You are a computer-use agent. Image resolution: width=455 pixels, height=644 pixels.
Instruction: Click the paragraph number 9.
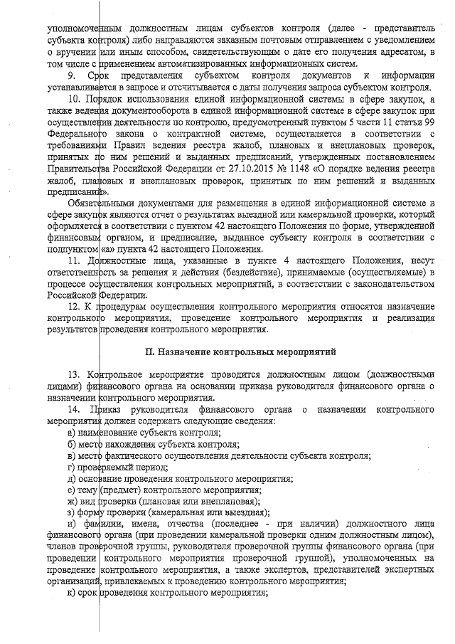pos(71,75)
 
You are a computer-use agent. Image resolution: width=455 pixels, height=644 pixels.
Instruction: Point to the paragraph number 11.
pos(73,260)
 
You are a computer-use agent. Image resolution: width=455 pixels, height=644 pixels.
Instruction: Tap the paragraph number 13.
pos(73,375)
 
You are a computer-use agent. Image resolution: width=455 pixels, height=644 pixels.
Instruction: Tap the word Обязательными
pos(104,204)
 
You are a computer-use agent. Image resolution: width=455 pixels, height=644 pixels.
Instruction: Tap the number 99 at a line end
pos(426,122)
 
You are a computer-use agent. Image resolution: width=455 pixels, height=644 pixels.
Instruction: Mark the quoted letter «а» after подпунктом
pos(107,249)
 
